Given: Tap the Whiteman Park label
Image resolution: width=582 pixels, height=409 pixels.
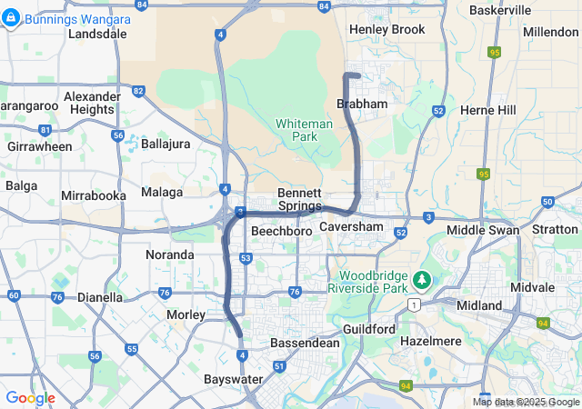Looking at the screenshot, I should pyautogui.click(x=296, y=129).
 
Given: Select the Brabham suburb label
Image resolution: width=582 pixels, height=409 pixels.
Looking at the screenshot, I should pyautogui.click(x=362, y=105).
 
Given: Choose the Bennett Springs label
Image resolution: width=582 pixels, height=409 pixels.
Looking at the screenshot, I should pyautogui.click(x=299, y=199).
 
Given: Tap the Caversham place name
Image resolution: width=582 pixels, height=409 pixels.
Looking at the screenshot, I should pyautogui.click(x=351, y=225).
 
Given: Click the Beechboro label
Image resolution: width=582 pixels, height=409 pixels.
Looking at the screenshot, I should pyautogui.click(x=282, y=232).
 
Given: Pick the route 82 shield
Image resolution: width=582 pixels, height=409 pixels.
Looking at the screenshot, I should pyautogui.click(x=138, y=91).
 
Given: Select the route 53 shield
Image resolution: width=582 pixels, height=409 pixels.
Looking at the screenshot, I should pyautogui.click(x=246, y=258).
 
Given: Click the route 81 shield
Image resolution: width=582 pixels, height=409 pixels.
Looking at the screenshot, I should pyautogui.click(x=45, y=131).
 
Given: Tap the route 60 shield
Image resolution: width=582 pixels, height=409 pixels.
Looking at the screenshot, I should pyautogui.click(x=13, y=295).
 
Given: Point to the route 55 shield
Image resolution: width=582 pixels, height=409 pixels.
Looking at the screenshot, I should pyautogui.click(x=133, y=348).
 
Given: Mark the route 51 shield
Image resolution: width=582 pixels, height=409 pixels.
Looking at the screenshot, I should pyautogui.click(x=280, y=366).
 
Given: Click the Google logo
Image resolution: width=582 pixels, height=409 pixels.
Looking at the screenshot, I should pyautogui.click(x=30, y=398).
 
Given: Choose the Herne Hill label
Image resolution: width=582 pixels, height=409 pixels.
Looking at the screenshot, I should pyautogui.click(x=488, y=110).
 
